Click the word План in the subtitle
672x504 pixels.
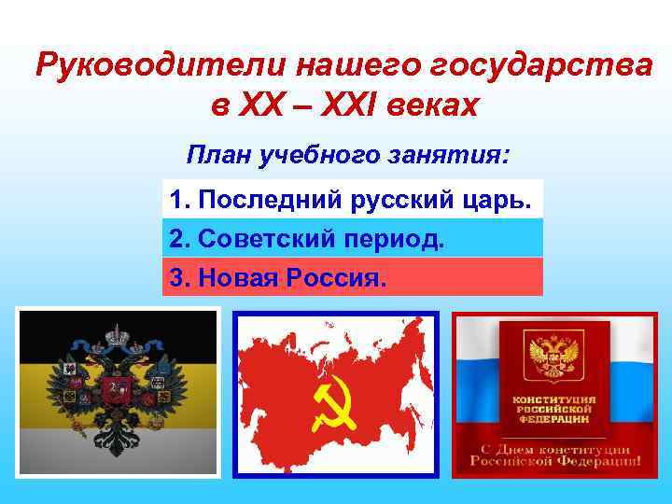coord(217,153)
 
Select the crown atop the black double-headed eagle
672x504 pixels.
coord(118,332)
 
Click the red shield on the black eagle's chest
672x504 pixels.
coord(118,389)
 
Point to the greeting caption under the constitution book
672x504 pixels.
coord(555,456)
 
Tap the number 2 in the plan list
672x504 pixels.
coord(175,239)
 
